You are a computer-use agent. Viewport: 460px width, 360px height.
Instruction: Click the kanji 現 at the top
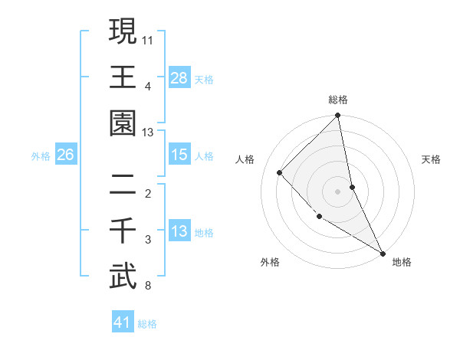click(123, 33)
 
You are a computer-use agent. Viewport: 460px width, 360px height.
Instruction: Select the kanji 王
click(123, 77)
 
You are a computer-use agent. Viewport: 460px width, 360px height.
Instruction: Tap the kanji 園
click(123, 122)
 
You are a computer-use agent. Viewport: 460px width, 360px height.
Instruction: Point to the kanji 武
click(123, 275)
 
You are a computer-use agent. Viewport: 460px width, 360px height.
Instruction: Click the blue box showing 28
click(179, 78)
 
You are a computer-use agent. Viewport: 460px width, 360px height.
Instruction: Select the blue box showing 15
click(179, 155)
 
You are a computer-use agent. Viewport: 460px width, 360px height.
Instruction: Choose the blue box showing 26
click(66, 155)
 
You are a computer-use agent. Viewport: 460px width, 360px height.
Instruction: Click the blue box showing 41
click(123, 322)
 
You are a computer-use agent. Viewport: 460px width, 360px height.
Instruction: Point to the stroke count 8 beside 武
click(148, 286)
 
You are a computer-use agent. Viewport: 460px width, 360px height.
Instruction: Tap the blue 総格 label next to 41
click(147, 324)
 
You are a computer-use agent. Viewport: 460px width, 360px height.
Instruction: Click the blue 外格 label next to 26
click(41, 156)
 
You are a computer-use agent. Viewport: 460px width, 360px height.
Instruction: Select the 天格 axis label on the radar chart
click(431, 159)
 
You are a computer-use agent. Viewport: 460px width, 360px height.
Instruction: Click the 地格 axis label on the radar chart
click(402, 262)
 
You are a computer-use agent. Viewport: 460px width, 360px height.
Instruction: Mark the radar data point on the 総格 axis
click(337, 116)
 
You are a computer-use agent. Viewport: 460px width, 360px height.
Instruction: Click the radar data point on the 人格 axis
click(280, 172)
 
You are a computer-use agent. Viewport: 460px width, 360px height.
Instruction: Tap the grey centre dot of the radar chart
click(337, 191)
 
